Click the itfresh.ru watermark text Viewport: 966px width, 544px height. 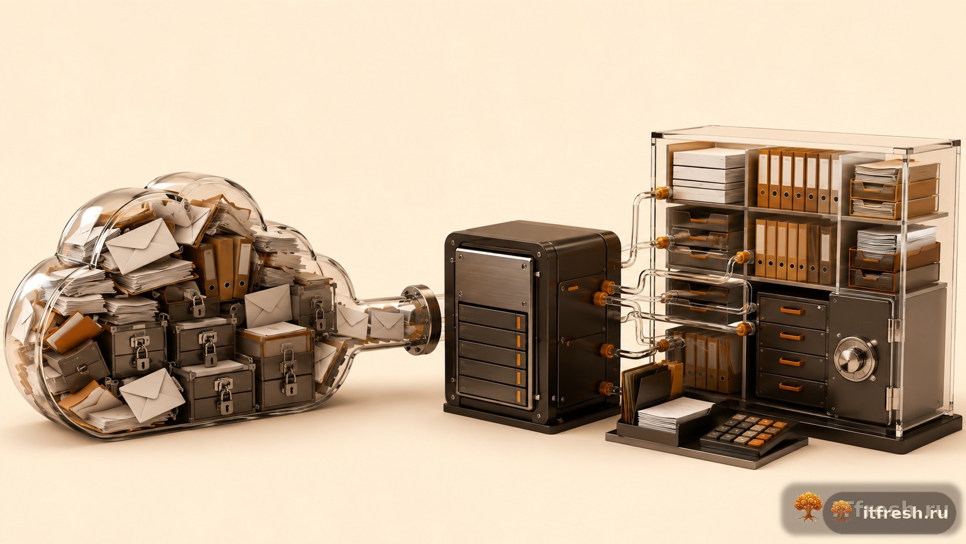(x=905, y=512)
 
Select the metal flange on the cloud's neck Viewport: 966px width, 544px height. (x=421, y=319)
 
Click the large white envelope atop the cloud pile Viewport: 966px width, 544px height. (x=142, y=246)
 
